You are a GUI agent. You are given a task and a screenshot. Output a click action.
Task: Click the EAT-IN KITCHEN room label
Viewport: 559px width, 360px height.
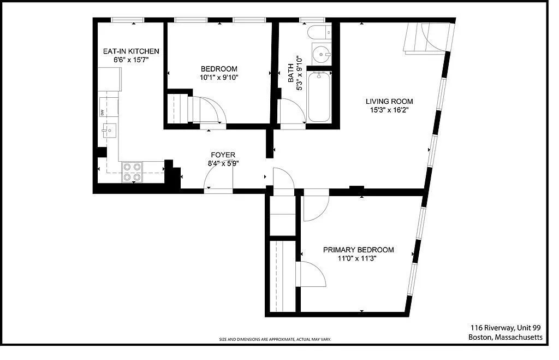click(x=131, y=51)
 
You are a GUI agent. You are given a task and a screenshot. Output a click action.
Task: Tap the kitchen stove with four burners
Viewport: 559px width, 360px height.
click(x=132, y=172)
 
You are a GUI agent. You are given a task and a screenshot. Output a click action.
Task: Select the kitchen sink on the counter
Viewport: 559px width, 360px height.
click(x=109, y=131)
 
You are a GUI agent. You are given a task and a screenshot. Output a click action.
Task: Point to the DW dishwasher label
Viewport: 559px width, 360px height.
click(x=102, y=113)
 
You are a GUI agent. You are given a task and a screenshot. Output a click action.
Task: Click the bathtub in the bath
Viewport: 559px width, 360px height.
click(x=319, y=97)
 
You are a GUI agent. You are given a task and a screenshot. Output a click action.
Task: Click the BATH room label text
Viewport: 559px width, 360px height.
click(x=291, y=69)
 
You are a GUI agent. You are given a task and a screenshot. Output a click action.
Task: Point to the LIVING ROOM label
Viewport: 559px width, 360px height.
click(x=389, y=101)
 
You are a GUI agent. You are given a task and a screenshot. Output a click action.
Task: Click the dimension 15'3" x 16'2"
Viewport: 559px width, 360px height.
click(x=389, y=110)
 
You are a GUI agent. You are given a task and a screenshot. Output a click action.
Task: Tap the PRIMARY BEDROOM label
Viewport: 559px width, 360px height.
click(x=358, y=250)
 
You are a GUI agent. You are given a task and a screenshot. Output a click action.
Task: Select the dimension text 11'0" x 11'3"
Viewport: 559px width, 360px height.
click(x=358, y=258)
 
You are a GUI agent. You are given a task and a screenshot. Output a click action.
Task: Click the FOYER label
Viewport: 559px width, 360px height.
click(x=223, y=155)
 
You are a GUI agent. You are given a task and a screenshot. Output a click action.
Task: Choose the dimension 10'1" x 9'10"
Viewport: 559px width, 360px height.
click(x=219, y=77)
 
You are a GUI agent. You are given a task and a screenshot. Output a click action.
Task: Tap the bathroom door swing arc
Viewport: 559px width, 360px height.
click(x=292, y=114)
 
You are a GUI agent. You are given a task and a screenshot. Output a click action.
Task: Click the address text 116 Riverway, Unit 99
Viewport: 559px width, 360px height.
click(x=506, y=327)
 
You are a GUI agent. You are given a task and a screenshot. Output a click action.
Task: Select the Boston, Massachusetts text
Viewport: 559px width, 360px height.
click(x=506, y=337)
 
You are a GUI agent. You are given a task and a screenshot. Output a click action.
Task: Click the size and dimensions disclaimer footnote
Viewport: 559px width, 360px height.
click(x=275, y=339)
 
